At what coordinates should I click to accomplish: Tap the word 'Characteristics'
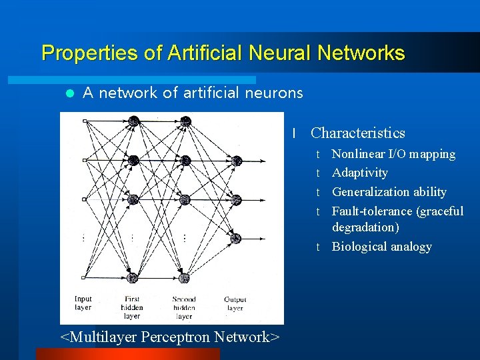tap(357, 133)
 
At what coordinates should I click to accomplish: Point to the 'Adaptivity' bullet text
tap(360, 173)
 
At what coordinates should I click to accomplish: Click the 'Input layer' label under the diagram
tap(83, 303)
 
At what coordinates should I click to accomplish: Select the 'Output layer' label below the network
tap(235, 304)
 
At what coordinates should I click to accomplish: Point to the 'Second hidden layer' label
tap(184, 307)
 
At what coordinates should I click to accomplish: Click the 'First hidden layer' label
tap(132, 307)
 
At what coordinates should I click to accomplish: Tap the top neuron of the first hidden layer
tap(133, 121)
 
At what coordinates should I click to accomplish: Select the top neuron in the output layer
tap(236, 160)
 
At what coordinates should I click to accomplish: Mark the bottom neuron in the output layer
tap(236, 239)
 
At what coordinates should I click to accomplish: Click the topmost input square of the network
tap(83, 121)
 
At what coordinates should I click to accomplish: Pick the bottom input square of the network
tap(83, 278)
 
